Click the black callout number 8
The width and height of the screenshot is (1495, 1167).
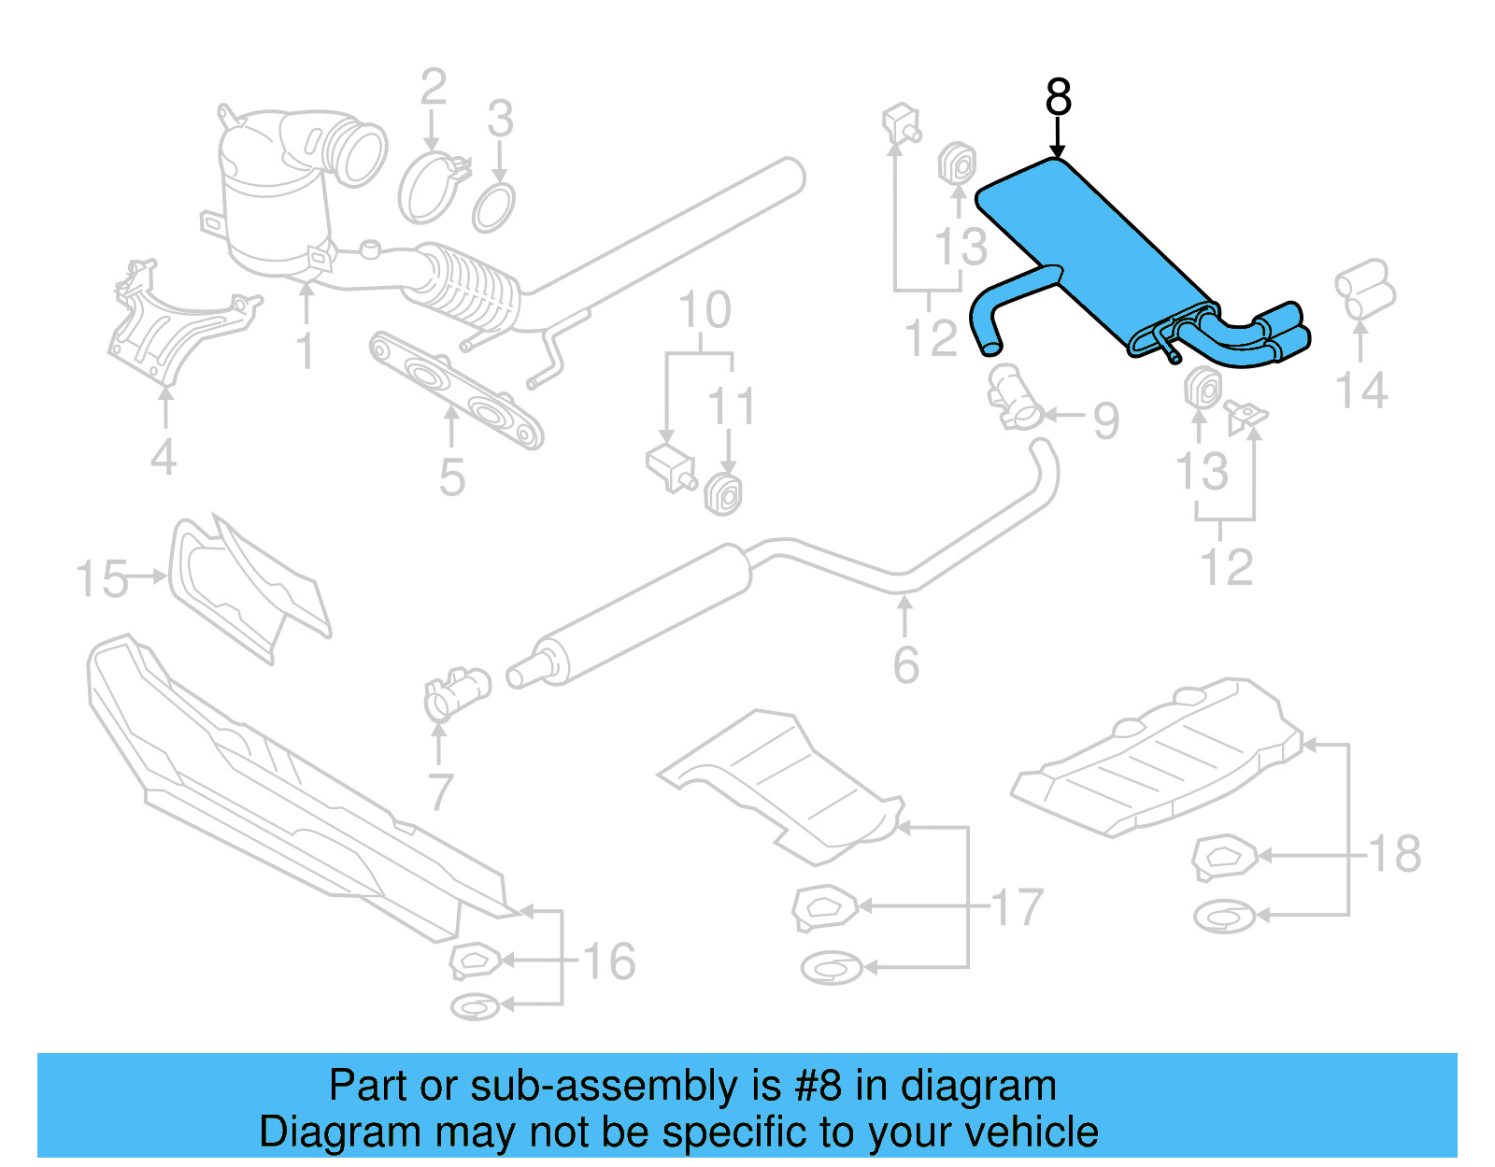click(1058, 97)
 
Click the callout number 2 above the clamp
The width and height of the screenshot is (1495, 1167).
click(433, 88)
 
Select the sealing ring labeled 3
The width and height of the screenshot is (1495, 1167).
click(493, 207)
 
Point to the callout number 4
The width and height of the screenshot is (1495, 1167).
click(164, 457)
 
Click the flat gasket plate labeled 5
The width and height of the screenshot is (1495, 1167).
click(457, 390)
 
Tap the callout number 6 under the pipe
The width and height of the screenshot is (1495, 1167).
click(905, 664)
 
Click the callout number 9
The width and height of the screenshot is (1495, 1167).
click(1106, 421)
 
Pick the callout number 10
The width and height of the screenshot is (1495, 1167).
click(704, 311)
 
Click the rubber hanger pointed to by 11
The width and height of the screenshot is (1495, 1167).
click(724, 494)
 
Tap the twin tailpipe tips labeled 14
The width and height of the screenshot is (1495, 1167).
click(1365, 290)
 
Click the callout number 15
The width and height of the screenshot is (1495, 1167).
click(102, 579)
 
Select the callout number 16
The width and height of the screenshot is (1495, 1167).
click(609, 961)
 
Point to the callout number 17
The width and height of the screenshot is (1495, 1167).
click(1017, 907)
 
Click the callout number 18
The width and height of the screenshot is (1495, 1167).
click(1395, 853)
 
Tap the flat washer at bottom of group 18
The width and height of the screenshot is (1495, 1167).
click(1223, 917)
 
